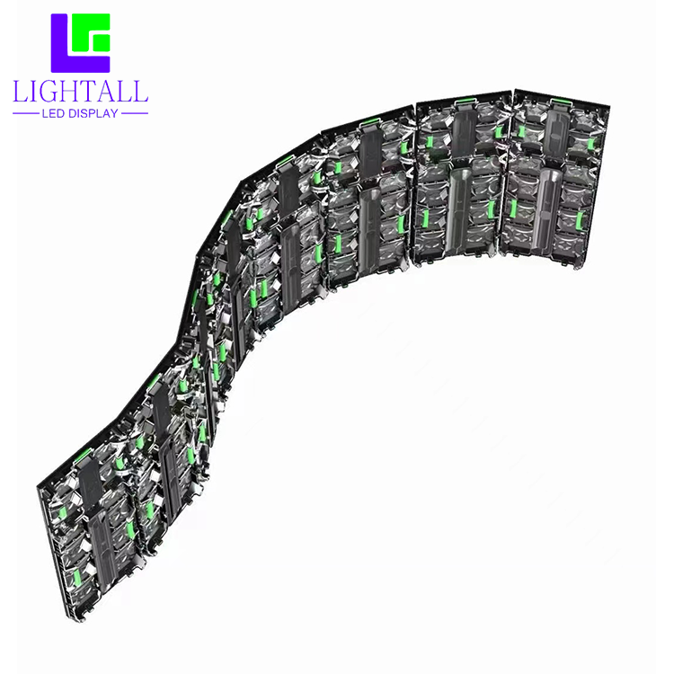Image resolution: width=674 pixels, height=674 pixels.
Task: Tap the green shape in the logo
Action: click(x=91, y=32)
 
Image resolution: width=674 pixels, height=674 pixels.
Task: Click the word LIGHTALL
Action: click(x=80, y=91)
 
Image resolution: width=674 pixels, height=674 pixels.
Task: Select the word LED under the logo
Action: click(x=53, y=113)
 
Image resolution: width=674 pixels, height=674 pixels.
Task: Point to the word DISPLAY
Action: click(x=93, y=113)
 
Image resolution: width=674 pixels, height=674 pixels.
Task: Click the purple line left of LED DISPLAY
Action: click(x=26, y=113)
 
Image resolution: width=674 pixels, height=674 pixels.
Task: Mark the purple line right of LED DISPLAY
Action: click(x=135, y=113)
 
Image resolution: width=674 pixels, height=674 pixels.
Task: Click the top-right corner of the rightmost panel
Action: click(x=610, y=105)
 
